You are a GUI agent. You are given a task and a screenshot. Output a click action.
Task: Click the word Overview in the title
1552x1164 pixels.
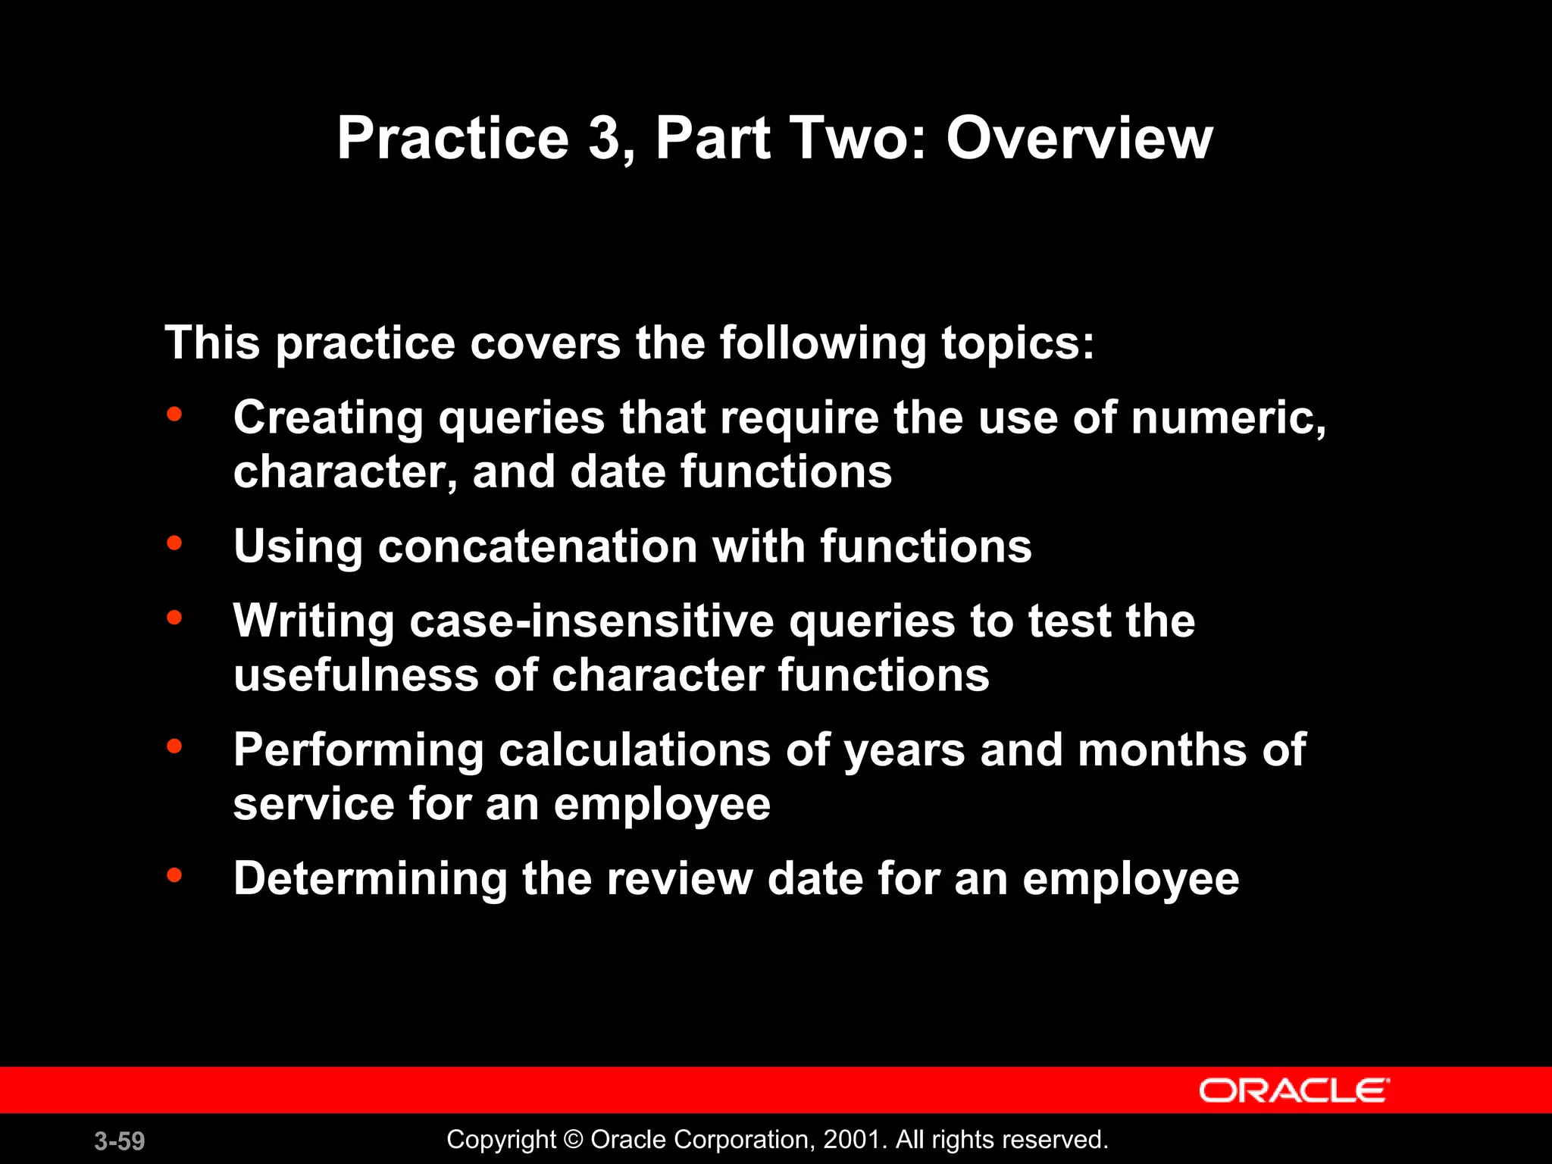coord(1079,139)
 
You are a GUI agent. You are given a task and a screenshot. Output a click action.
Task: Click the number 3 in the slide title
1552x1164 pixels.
coord(604,139)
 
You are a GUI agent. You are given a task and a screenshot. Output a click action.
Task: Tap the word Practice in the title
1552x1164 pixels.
coord(452,139)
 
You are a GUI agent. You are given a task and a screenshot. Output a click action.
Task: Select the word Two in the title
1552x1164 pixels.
coord(850,139)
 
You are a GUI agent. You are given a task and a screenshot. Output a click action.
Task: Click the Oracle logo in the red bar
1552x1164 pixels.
coord(1294,1091)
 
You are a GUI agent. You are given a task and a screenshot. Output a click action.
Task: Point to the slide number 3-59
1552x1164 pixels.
coord(120,1141)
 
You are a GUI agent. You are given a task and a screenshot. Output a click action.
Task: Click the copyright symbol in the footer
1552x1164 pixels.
coord(574,1140)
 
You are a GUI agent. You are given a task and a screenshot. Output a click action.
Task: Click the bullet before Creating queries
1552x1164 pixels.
coord(174,414)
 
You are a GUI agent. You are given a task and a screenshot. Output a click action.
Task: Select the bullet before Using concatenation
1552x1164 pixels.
coord(174,543)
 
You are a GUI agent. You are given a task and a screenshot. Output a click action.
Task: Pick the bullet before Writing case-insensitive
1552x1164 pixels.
coord(174,617)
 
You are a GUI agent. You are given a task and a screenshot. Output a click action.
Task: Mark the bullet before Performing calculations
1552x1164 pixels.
coord(174,746)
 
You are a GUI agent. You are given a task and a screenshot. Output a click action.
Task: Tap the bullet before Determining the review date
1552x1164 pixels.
coord(174,875)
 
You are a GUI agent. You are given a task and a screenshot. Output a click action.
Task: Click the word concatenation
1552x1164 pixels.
coord(537,546)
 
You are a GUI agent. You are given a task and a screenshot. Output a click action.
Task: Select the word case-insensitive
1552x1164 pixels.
coord(592,621)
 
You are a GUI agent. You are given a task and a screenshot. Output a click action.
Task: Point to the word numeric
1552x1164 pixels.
coord(1228,418)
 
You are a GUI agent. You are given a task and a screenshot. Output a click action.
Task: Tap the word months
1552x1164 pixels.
coord(1162,750)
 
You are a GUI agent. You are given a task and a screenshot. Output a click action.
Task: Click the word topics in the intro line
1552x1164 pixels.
coord(1016,343)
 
